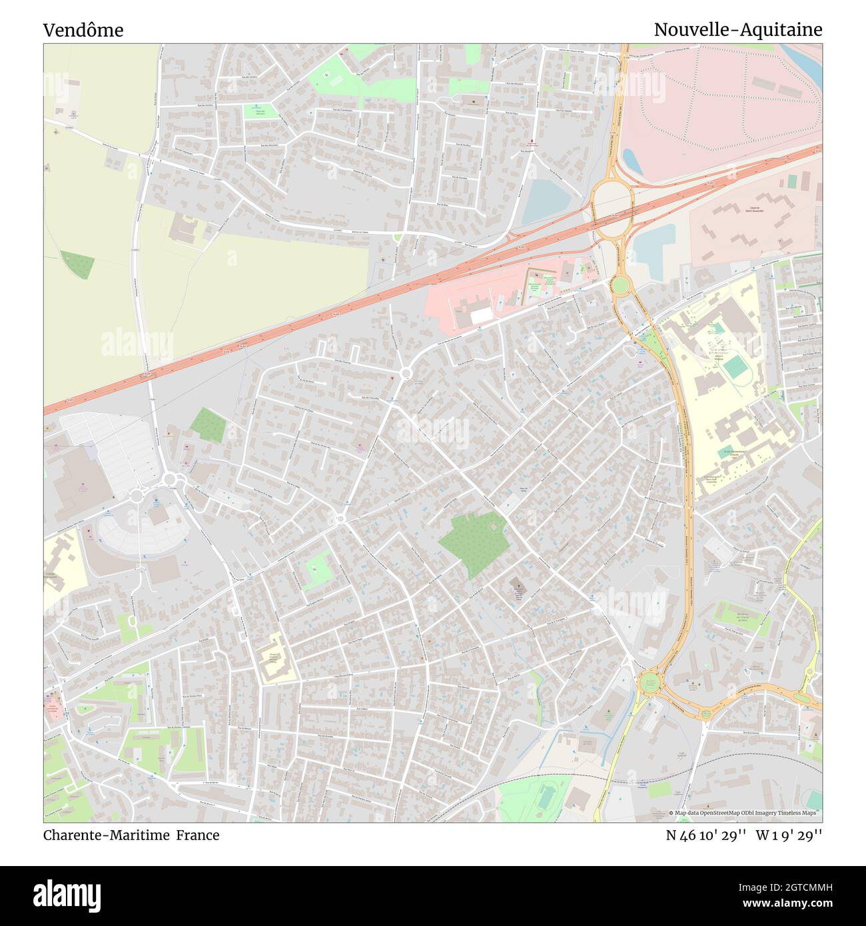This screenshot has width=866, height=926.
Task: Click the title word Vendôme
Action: pos(83,30)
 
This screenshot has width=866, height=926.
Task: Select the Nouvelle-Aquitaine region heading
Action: pos(737,30)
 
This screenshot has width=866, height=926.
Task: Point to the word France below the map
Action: pos(198,835)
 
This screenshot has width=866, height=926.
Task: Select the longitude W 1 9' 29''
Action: pos(789,835)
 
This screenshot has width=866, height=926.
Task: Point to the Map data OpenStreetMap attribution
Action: pos(745,813)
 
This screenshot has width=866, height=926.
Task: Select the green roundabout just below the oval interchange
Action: pos(620,286)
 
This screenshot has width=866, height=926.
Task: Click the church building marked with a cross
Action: pos(518,589)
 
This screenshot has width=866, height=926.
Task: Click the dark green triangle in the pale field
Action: pos(78,264)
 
